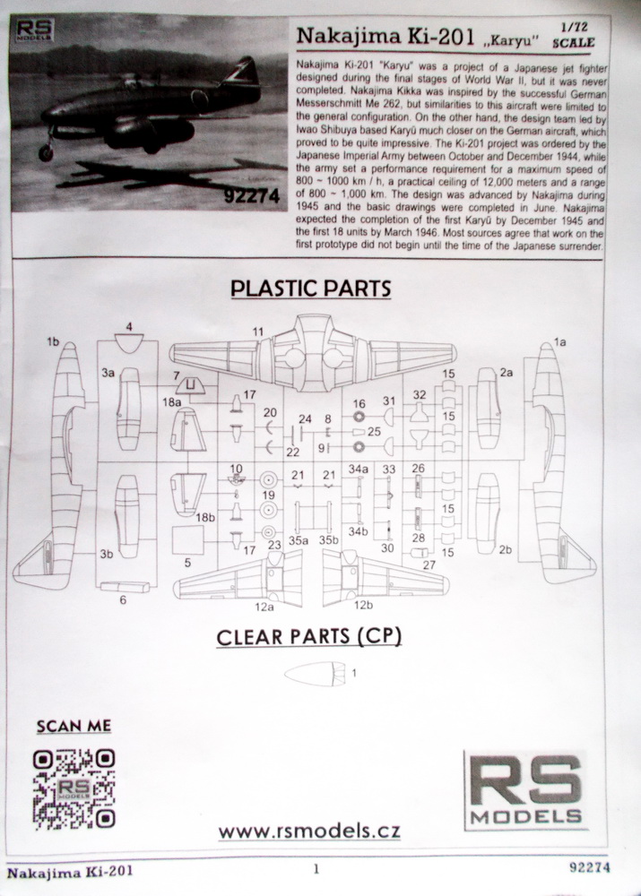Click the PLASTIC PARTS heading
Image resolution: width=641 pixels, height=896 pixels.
[310, 288]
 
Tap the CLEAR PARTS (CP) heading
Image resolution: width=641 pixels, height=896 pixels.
[308, 636]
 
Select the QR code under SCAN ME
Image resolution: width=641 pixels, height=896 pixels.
[74, 788]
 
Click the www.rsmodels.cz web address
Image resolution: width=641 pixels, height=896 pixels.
[309, 831]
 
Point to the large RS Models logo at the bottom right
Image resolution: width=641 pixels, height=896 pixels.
[526, 790]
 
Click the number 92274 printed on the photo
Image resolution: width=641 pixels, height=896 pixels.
[252, 196]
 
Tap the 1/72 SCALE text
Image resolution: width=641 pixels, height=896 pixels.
[573, 36]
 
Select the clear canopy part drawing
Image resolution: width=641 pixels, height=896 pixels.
[315, 673]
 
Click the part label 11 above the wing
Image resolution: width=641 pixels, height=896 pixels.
[258, 332]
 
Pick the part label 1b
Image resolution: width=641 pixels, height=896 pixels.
[53, 341]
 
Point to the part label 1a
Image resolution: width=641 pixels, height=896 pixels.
[559, 342]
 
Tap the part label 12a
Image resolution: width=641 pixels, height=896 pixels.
[264, 607]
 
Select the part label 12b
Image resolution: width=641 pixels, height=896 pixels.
[363, 605]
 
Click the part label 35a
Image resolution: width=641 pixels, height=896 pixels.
[298, 539]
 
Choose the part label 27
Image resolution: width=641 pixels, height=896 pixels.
[429, 565]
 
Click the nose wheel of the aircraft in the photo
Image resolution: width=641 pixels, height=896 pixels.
[45, 152]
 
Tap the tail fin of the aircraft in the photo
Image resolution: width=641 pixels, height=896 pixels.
[242, 72]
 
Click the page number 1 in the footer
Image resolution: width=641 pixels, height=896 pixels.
[316, 870]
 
